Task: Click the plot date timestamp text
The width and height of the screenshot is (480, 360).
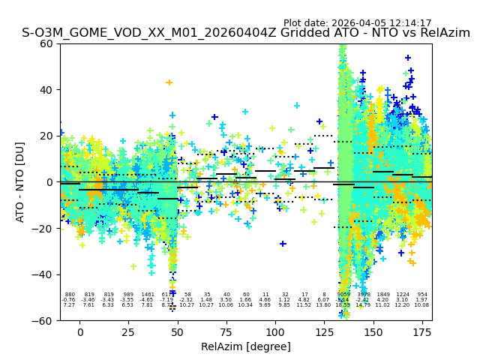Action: point(357,23)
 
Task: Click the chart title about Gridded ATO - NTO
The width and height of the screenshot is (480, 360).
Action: point(246,33)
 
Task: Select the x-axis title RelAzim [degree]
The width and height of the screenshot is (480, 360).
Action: point(246,346)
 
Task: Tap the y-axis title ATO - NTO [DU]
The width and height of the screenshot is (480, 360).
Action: point(20,182)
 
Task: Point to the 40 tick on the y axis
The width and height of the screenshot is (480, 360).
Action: point(46,90)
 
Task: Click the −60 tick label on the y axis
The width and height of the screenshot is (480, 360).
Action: point(43,321)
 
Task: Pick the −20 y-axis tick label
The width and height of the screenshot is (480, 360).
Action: point(43,229)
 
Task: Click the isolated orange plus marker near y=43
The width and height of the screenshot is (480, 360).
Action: point(169,82)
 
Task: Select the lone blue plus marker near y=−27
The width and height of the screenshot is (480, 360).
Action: point(283,244)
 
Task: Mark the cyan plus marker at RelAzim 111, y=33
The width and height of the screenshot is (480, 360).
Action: point(297,106)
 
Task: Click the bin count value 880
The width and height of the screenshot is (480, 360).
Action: point(70,295)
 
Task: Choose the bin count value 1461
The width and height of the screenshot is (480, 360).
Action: point(147,295)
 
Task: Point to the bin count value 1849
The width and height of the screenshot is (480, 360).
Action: point(383,295)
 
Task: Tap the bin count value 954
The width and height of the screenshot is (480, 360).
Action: point(422,295)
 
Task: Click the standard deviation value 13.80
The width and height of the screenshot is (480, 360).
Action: point(323,305)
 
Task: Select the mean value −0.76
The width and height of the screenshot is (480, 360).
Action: point(69,300)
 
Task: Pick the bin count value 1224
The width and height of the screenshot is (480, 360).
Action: point(403,295)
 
